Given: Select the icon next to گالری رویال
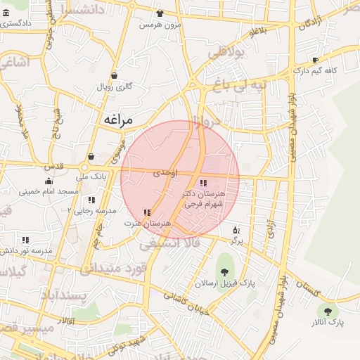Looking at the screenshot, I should coord(114,76).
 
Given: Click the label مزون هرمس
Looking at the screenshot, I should coord(160,25).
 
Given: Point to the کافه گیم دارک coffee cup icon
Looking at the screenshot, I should coord(316,60).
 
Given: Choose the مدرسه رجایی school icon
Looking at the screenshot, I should coord(91,200).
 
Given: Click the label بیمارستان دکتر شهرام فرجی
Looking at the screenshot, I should coord(203,198).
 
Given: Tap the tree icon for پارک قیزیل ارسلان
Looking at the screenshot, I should coord(225,272).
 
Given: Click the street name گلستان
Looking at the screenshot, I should coord(311,288).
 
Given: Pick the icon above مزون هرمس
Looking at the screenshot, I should coord(160,13).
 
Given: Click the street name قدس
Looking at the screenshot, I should coord(53,167).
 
